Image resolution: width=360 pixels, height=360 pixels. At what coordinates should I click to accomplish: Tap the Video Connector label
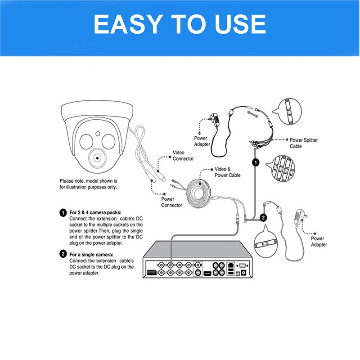click(x=183, y=155)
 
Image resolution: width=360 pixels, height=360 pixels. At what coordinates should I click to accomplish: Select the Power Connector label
click(x=171, y=202)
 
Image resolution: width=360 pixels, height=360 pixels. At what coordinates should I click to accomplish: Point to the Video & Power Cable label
click(x=228, y=172)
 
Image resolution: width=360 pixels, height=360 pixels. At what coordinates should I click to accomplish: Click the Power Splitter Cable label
click(x=303, y=143)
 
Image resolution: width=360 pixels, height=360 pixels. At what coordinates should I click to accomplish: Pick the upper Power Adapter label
click(x=202, y=141)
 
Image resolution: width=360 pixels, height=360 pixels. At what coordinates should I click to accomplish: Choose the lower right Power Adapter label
click(x=319, y=242)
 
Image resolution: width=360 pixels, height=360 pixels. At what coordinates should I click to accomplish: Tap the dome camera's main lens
click(x=97, y=158)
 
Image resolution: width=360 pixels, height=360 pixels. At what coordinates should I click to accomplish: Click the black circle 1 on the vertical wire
click(x=256, y=162)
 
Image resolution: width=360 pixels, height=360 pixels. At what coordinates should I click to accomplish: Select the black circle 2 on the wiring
click(x=263, y=217)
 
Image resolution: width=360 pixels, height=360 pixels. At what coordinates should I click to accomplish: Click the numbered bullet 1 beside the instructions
click(x=63, y=212)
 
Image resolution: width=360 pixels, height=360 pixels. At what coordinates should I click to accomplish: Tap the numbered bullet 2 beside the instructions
click(x=63, y=254)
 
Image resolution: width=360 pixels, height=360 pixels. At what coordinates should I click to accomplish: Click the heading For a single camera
click(x=91, y=255)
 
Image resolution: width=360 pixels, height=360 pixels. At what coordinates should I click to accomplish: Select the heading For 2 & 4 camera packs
click(x=95, y=212)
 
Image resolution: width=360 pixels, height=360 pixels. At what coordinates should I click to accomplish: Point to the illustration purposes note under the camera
click(x=88, y=184)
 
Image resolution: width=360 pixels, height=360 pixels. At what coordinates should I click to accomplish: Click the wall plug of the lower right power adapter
click(x=300, y=216)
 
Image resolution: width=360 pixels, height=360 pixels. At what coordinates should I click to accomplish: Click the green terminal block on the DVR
click(x=152, y=273)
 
